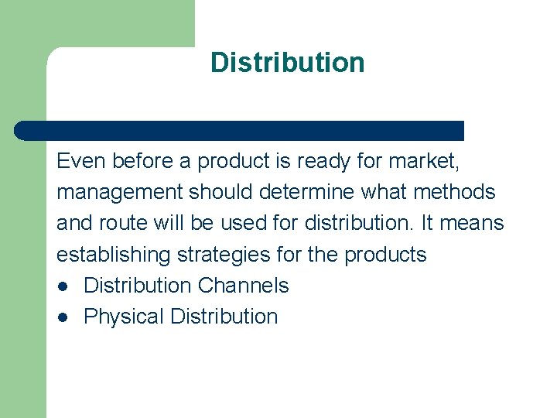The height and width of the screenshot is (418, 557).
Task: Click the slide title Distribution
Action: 287,63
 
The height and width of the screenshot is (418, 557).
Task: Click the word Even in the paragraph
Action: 81,162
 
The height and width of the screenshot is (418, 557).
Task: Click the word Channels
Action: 243,286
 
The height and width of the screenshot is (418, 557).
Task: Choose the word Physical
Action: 124,317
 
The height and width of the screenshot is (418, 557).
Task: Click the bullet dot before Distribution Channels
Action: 62,286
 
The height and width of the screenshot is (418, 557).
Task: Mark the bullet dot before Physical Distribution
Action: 62,317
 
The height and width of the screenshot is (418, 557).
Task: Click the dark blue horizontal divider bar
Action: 240,130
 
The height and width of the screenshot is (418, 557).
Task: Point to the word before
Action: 146,162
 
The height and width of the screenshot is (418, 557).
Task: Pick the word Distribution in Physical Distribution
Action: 224,317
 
